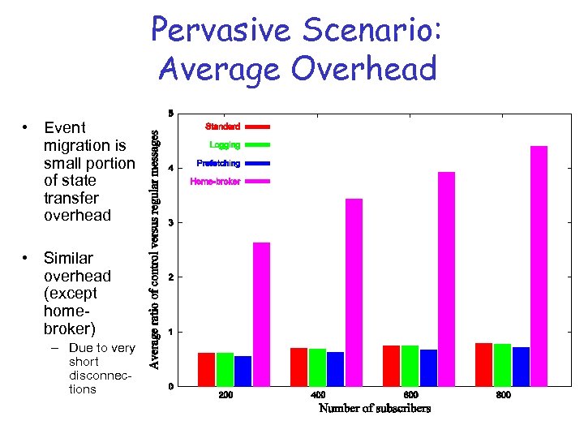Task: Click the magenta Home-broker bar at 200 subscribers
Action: coord(261,314)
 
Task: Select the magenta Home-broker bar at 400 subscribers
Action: coord(354,292)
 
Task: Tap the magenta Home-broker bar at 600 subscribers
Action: coord(446,279)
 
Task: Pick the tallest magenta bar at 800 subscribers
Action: coord(539,266)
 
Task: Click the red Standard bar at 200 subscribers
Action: coord(206,369)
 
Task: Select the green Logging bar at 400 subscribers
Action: coord(317,367)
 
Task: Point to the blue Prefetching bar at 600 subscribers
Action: coord(428,367)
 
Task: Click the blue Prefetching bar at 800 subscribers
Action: coord(521,367)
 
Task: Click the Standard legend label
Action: coord(222,127)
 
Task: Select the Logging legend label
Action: coord(225,145)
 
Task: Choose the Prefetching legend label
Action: coord(218,163)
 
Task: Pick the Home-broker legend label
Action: coord(215,182)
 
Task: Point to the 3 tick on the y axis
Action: coord(170,222)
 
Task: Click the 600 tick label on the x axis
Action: coord(410,395)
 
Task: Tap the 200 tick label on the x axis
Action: coord(225,395)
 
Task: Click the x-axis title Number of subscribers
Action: coord(375,408)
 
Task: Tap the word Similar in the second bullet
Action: coord(68,258)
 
